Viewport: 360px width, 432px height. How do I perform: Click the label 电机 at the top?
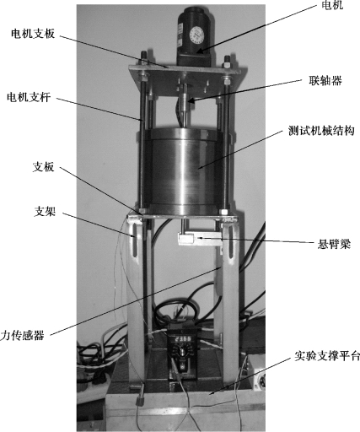pyautogui.click(x=332, y=4)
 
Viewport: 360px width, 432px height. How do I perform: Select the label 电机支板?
pyautogui.click(x=33, y=34)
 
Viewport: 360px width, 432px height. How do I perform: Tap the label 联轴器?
pyautogui.click(x=325, y=81)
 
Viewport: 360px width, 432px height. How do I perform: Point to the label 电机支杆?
pyautogui.click(x=29, y=97)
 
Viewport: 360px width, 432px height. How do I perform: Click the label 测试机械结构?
pyautogui.click(x=321, y=131)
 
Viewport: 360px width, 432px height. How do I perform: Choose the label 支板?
pyautogui.click(x=44, y=167)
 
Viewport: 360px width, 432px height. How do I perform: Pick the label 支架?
pyautogui.click(x=45, y=211)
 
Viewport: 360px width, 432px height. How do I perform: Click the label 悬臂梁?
pyautogui.click(x=334, y=244)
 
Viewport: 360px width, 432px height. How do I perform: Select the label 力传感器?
pyautogui.click(x=22, y=335)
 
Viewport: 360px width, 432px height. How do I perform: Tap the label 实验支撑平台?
pyautogui.click(x=327, y=356)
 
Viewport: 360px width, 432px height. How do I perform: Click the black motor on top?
pyautogui.click(x=196, y=36)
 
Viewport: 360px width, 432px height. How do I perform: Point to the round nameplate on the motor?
pyautogui.click(x=196, y=35)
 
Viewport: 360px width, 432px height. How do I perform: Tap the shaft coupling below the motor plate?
pyautogui.click(x=184, y=103)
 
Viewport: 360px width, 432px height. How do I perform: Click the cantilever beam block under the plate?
pyautogui.click(x=199, y=239)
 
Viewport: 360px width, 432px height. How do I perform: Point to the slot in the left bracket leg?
pyautogui.click(x=135, y=240)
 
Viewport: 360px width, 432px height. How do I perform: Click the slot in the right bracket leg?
pyautogui.click(x=231, y=240)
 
